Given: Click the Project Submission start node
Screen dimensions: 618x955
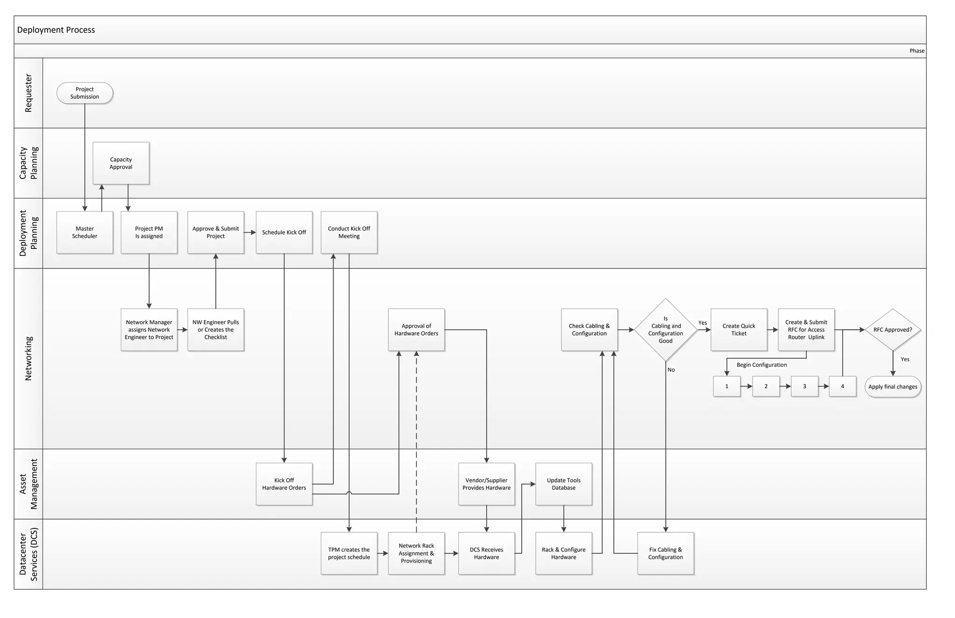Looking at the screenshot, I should (x=85, y=93).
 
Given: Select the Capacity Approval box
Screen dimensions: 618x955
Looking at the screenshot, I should (x=121, y=163).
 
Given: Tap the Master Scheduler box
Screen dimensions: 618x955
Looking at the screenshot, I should (x=84, y=232).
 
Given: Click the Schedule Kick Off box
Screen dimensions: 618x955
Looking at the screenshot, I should (x=284, y=232).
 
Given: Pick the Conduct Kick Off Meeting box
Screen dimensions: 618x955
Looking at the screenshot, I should (x=349, y=232).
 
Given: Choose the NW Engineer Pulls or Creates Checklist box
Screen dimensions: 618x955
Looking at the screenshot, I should (x=215, y=330).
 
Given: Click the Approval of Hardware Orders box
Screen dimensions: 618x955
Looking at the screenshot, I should (x=416, y=330).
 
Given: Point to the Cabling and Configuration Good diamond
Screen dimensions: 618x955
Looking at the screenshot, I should (x=665, y=330).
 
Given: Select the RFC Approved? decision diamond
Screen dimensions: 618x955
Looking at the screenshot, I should (x=893, y=330).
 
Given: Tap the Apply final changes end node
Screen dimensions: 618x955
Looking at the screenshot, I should (x=893, y=387).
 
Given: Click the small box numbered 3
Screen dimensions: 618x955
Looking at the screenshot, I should (x=804, y=386).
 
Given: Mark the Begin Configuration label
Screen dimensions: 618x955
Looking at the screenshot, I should (x=761, y=365).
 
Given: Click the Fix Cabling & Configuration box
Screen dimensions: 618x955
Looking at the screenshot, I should (x=665, y=553).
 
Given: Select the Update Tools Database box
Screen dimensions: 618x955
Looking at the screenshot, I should (x=563, y=484).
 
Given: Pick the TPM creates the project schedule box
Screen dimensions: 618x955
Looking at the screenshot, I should (x=349, y=553).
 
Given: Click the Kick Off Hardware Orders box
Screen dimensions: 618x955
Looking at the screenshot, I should (x=284, y=484).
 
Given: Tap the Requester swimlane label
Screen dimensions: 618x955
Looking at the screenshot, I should (x=28, y=93).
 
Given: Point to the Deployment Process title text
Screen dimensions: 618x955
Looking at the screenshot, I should (x=56, y=30).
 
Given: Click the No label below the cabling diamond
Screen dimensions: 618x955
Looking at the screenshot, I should (x=671, y=370).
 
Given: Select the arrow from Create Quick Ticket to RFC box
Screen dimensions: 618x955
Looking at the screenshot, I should (x=773, y=330).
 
